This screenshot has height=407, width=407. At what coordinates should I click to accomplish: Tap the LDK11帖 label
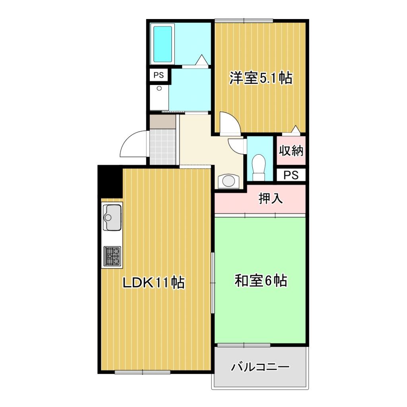tap(153, 283)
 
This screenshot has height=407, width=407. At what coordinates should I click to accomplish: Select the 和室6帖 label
tap(261, 281)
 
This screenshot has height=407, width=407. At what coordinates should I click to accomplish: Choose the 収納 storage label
tap(291, 151)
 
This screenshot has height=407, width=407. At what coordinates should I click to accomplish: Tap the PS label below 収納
tap(291, 175)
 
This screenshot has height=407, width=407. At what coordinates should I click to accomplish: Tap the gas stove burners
tap(112, 256)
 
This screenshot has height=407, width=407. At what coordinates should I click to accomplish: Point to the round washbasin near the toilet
tap(229, 181)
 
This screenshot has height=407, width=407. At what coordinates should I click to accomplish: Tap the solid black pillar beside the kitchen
tap(109, 181)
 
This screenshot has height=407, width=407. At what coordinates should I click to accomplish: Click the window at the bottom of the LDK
tap(142, 372)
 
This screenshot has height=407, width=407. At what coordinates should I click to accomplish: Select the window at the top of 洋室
tap(244, 20)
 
